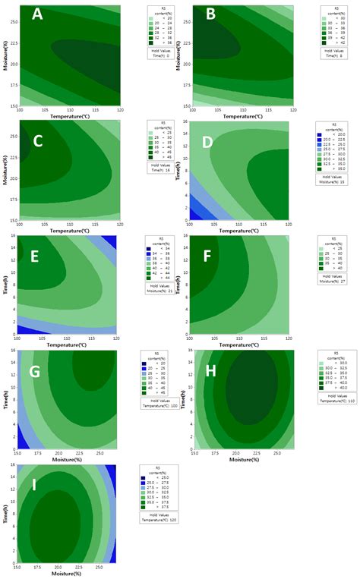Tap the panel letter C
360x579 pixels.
(x=36, y=141)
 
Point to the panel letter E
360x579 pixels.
(x=35, y=257)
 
